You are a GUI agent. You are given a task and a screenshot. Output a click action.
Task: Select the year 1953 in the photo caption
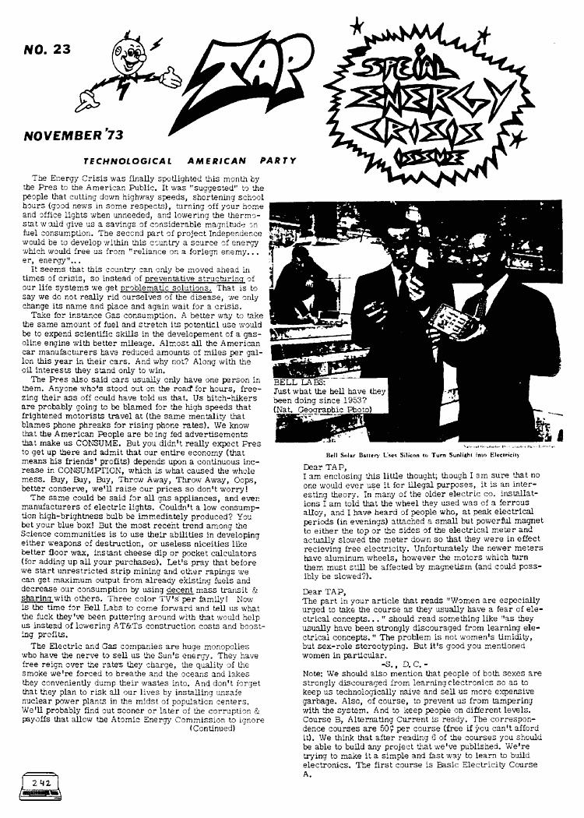354,400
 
